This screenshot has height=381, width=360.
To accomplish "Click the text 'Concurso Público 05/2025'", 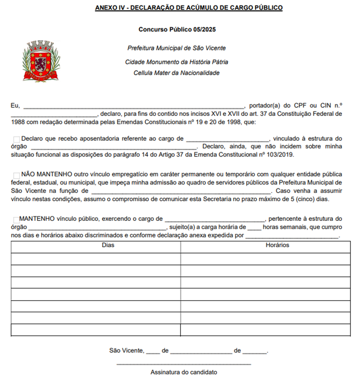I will point(180,30).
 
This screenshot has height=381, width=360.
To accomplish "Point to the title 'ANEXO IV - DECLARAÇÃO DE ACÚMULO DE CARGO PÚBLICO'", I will point(189,8).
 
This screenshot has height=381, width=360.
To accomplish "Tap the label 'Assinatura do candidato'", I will point(184,372).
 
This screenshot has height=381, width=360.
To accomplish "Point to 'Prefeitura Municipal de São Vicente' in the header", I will point(177,48).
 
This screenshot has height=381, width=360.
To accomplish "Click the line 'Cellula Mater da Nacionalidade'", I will point(177,73).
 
